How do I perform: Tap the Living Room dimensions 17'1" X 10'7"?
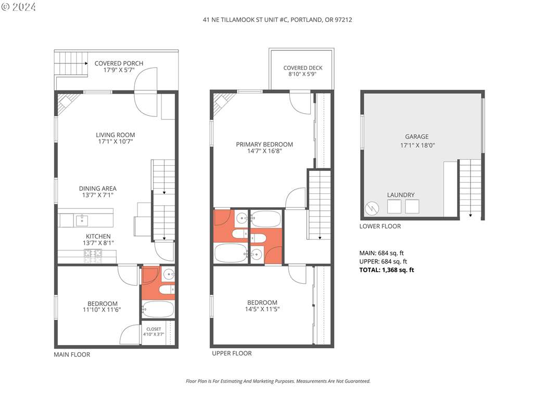[115, 141]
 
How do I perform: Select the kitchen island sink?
[82, 220]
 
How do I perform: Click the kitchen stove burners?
[93, 256]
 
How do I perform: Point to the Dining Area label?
[98, 188]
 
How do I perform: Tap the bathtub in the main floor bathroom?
[158, 309]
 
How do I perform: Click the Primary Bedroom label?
[264, 144]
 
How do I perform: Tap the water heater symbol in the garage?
[372, 208]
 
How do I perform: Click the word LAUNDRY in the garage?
[401, 195]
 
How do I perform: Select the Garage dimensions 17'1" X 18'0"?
[417, 145]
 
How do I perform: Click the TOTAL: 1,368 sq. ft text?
[387, 270]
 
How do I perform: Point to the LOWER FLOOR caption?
[380, 227]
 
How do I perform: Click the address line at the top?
[277, 20]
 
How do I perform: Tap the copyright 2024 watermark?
[18, 6]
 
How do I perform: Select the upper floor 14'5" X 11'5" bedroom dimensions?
[262, 309]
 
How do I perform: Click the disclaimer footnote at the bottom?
[278, 381]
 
